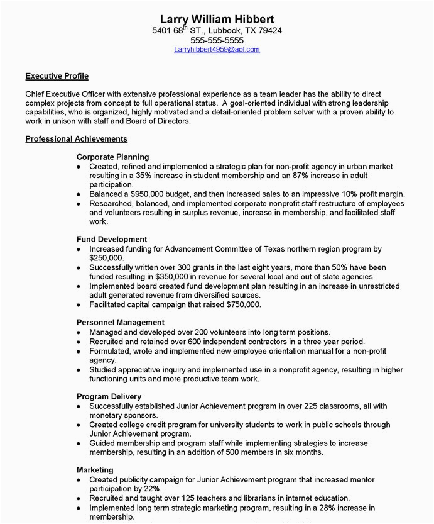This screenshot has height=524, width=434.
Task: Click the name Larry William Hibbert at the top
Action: [217, 19]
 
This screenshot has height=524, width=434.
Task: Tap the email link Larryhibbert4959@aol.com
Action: [217, 50]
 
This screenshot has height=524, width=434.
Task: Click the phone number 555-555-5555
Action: [217, 40]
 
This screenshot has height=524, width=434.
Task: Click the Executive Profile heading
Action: [57, 76]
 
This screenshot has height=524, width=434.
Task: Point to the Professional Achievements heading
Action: [76, 138]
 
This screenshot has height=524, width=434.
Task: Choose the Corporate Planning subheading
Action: [112, 157]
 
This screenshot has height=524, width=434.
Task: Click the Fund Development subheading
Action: [112, 239]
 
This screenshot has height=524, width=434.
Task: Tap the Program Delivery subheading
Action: [109, 396]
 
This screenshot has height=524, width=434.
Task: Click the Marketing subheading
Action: [95, 470]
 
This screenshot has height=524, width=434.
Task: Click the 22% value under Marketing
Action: [151, 489]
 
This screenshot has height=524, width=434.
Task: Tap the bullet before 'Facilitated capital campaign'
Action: [79, 305]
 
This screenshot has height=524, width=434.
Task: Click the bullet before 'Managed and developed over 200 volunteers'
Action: [79, 333]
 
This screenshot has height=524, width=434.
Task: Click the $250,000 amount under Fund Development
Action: [107, 258]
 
